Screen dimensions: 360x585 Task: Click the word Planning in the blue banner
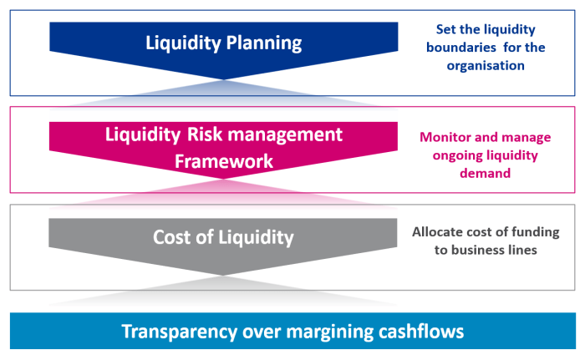(262, 43)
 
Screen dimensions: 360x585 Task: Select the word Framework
(223, 160)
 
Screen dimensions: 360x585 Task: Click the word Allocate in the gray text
(439, 233)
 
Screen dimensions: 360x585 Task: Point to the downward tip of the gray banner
(223, 275)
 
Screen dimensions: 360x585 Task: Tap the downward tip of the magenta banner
(223, 179)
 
